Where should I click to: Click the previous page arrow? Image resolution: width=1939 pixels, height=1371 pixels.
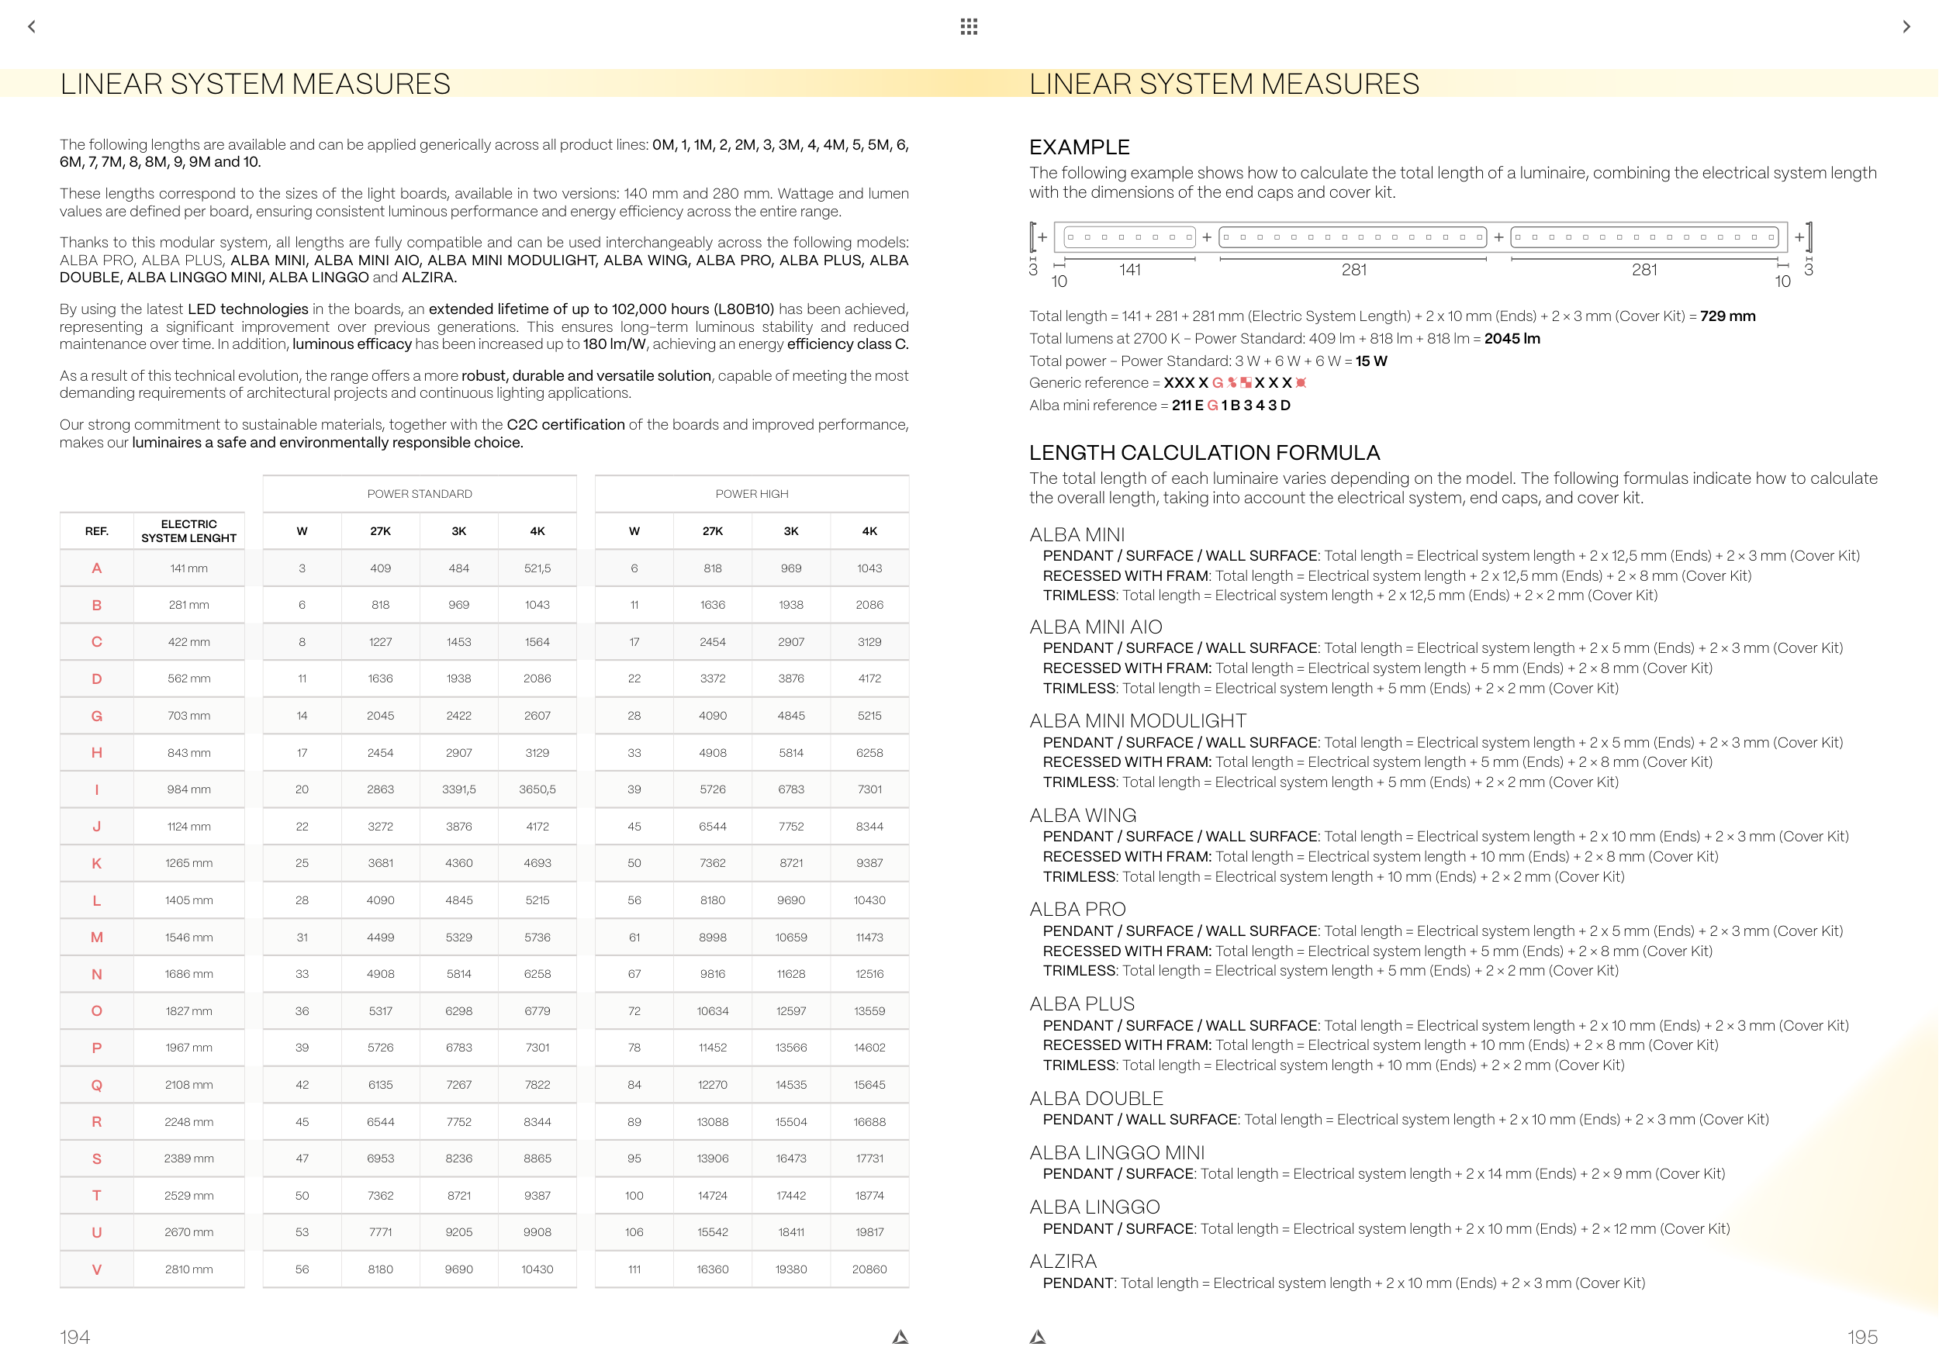[x=32, y=26]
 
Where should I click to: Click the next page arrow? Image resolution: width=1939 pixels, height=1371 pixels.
[x=1906, y=26]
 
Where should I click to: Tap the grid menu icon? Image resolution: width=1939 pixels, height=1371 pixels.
[x=969, y=26]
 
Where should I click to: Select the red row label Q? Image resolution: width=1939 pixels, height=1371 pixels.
[x=96, y=1085]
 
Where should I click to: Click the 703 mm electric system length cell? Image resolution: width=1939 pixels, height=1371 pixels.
[x=188, y=716]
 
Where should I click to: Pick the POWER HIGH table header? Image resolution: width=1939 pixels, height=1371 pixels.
[x=752, y=494]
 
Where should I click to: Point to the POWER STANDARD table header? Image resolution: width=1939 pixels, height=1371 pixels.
[x=419, y=494]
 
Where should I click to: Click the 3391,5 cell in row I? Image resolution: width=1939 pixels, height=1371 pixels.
[x=458, y=789]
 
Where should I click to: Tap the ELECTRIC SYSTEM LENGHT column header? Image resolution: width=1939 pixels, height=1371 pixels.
[x=188, y=531]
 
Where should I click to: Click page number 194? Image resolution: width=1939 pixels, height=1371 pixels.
[x=74, y=1337]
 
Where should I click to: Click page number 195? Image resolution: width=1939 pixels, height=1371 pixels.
[x=1862, y=1337]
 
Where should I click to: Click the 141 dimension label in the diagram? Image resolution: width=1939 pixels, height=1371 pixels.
[x=1130, y=270]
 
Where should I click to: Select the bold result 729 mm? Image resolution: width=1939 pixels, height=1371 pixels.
[x=1727, y=316]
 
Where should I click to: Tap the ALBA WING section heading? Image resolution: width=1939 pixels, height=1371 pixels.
[x=1083, y=816]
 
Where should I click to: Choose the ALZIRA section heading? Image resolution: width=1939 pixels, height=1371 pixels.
[x=1063, y=1261]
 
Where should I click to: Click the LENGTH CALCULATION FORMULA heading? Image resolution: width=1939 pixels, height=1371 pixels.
[x=1205, y=453]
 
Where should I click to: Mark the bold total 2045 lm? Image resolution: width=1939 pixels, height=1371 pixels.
[x=1512, y=339]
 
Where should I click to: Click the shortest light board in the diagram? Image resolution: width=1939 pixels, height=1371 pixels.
[x=1129, y=237]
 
